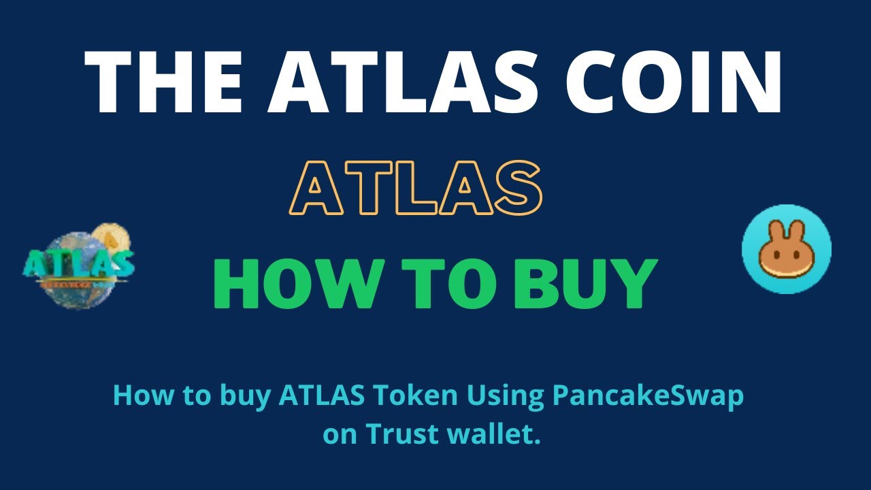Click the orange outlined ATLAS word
point(416,187)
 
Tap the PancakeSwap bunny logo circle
point(786,249)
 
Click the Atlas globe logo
point(79,265)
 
